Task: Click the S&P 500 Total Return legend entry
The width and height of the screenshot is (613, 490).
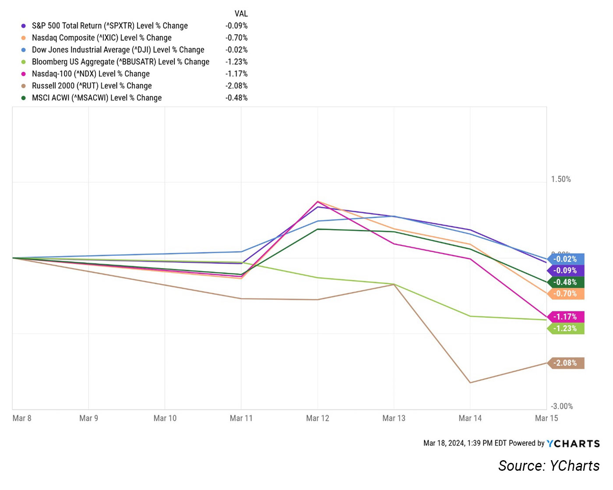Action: [x=109, y=26]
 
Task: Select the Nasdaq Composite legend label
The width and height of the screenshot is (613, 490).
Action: [x=102, y=38]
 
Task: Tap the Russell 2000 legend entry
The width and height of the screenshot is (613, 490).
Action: [x=92, y=86]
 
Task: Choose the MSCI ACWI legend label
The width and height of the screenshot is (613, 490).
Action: [x=96, y=98]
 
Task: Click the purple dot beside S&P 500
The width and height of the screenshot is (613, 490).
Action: [x=24, y=26]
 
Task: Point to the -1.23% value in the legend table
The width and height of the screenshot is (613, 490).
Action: [x=236, y=62]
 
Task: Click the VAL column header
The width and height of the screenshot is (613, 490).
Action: [x=241, y=14]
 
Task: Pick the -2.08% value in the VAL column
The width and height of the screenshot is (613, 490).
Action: [x=236, y=86]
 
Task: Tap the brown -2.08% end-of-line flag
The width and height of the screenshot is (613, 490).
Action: [x=566, y=363]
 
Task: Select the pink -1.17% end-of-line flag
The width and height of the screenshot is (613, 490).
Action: [x=566, y=317]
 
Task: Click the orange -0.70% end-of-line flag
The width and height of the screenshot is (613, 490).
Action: [x=566, y=294]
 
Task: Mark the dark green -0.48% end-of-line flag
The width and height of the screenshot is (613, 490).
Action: [x=566, y=282]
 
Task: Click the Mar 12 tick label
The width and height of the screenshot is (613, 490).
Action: [x=317, y=418]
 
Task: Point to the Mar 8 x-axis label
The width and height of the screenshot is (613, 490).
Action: [x=22, y=418]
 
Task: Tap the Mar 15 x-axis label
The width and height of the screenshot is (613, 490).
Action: [x=546, y=418]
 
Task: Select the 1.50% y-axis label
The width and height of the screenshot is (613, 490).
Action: [x=561, y=179]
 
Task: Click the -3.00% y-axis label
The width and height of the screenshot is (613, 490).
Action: [x=562, y=406]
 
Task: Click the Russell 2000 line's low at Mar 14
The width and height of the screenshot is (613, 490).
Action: [x=470, y=383]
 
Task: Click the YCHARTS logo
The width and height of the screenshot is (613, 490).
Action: [x=573, y=444]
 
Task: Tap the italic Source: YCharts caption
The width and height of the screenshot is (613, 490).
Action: [x=549, y=466]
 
